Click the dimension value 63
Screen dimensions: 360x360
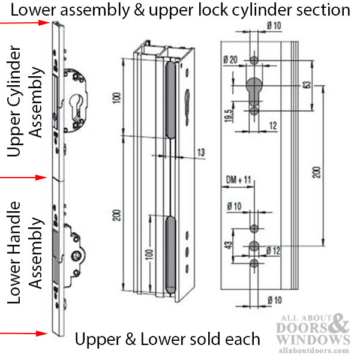tap(307, 85)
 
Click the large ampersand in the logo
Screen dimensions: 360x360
tap(338, 325)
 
